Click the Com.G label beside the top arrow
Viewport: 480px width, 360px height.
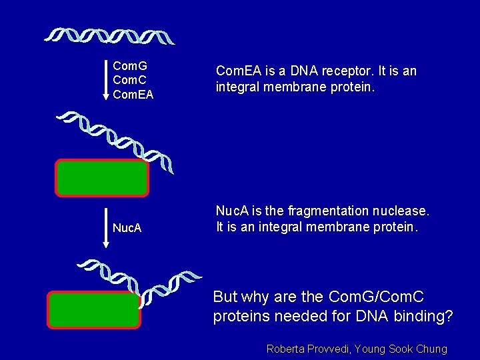(130, 67)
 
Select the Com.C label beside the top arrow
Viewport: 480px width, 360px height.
(130, 81)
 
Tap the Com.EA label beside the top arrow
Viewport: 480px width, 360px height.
(133, 95)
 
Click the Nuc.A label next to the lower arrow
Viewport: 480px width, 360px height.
(127, 228)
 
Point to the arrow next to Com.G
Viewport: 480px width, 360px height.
(105, 80)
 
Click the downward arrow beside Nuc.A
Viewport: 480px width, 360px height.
(105, 228)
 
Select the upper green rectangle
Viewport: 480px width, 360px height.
(102, 178)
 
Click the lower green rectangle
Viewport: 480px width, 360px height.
(94, 310)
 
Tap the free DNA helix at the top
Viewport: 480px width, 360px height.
(111, 36)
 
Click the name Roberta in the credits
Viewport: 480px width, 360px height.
(286, 349)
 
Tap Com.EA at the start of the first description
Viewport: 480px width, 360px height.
(238, 71)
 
